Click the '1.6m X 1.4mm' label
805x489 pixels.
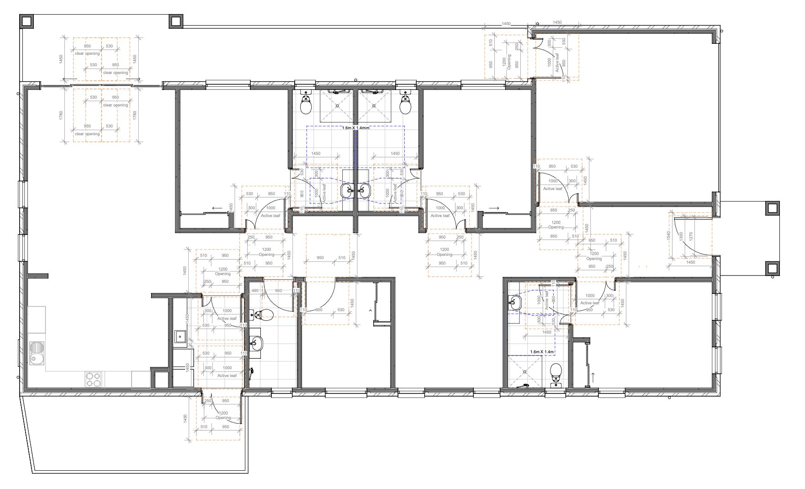coord(355,128)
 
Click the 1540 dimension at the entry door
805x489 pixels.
coord(668,236)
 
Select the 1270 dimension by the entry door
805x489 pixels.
coord(691,236)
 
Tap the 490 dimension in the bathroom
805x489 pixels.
coord(255,291)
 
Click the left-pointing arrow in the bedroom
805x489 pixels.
coord(217,208)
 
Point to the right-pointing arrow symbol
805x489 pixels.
coord(494,208)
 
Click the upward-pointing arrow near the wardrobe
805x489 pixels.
coord(593,378)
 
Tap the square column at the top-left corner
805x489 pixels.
coord(26,21)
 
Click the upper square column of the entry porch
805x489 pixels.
coord(772,208)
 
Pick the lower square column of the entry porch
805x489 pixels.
coord(772,268)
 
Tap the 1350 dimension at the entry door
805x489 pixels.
coord(681,236)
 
